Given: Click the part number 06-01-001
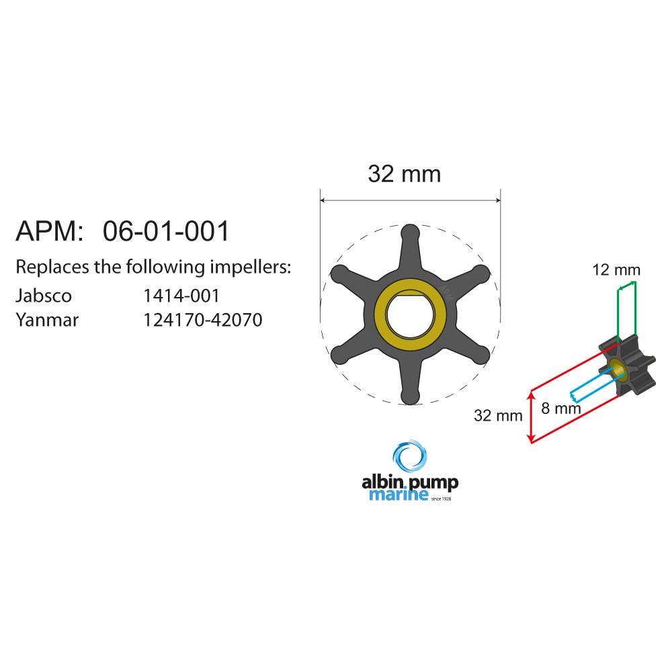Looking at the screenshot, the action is click(166, 231).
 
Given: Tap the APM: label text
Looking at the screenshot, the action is click(49, 231).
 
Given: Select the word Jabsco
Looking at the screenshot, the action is click(43, 296).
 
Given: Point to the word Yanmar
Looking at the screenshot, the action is click(47, 320).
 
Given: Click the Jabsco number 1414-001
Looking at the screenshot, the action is click(181, 296).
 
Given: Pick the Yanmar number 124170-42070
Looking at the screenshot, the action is click(203, 320).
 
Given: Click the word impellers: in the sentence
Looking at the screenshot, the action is click(250, 267).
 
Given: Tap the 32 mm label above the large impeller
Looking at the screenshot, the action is click(404, 174).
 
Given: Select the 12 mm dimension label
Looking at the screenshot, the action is click(616, 270).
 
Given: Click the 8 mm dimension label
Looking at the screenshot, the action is click(561, 408).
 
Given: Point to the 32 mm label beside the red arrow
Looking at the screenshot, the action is click(498, 415).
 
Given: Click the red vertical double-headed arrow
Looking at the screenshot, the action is click(532, 417).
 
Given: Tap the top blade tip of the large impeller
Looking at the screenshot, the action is click(410, 232).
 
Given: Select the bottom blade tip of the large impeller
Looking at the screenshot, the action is click(410, 396).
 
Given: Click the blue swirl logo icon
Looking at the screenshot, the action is click(410, 456).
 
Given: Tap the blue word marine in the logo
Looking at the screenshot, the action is click(398, 494).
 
